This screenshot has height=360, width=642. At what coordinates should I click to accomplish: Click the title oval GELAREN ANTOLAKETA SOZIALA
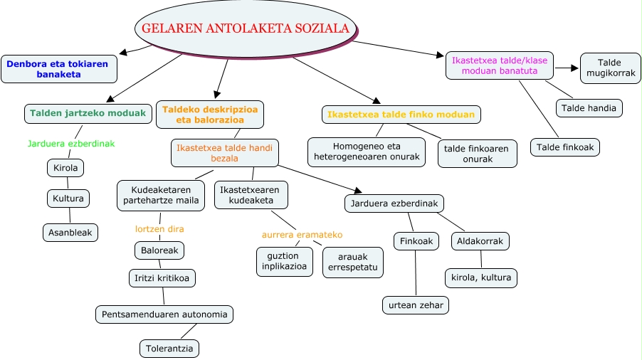246,29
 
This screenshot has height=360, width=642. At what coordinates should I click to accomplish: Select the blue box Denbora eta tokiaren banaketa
58,69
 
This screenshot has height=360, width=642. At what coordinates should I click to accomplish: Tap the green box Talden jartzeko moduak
89,112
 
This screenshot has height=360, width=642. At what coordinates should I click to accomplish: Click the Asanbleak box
70,232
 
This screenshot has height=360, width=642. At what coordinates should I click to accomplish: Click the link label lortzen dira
159,229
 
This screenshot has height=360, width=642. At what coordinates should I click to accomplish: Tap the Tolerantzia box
169,348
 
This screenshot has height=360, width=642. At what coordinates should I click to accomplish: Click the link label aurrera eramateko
302,234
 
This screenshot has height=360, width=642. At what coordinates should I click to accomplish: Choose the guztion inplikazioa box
284,261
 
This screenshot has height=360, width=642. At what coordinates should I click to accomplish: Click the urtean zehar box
416,305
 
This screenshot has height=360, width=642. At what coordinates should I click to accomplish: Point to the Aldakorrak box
481,241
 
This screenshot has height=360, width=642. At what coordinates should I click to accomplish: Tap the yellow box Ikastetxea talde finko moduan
401,114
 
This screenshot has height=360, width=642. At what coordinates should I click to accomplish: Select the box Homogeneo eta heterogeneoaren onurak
367,152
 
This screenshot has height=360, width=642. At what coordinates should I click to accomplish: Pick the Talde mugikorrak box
610,68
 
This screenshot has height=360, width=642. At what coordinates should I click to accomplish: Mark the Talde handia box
589,107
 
